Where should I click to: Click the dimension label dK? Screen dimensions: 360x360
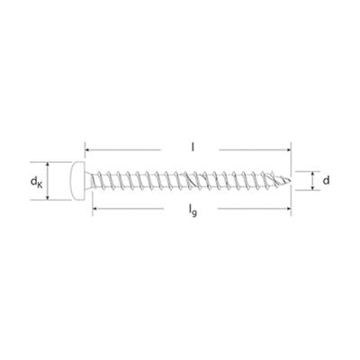click(36, 182)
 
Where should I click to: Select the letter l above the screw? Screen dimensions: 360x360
click(193, 147)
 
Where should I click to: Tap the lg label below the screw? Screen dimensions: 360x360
click(193, 210)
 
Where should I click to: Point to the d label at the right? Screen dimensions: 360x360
click(326, 180)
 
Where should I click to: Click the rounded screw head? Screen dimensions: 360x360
click(77, 181)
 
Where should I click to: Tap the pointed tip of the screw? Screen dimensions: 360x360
click(290, 181)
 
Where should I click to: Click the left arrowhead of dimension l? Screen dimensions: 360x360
click(87, 149)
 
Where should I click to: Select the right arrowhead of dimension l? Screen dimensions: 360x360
click(289, 149)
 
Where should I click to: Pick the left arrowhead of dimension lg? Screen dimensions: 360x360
click(95, 208)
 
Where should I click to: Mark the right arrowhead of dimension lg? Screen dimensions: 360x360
click(289, 208)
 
